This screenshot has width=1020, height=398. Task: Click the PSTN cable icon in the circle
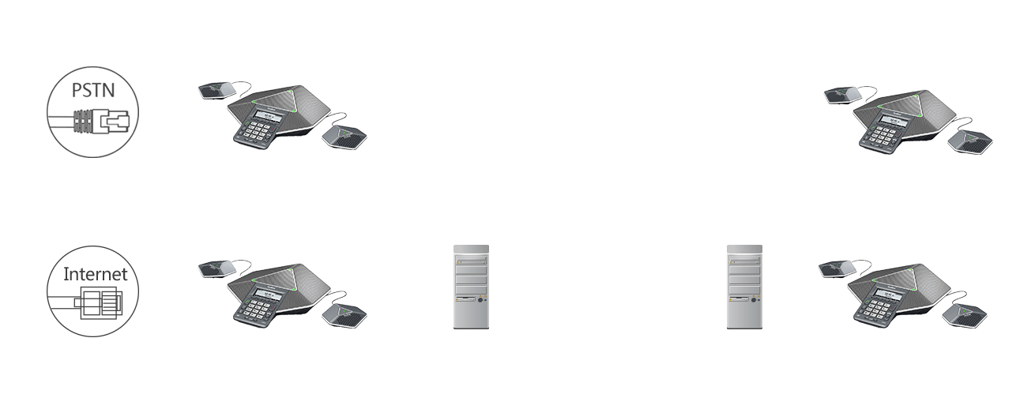93,121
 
